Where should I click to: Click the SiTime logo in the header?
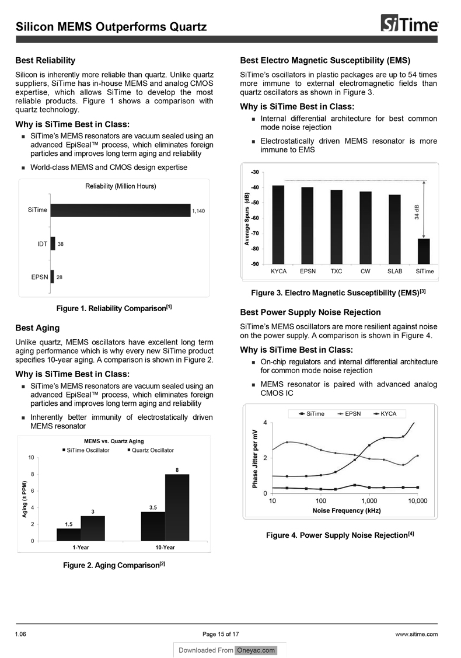[410, 25]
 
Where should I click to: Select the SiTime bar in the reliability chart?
[120, 210]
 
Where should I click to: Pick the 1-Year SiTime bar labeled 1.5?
[69, 534]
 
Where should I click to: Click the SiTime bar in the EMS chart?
[424, 251]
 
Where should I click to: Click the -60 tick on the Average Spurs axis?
[256, 218]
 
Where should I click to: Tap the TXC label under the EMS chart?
[336, 271]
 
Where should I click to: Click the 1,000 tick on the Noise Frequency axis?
[369, 501]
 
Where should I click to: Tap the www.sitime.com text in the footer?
[417, 634]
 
